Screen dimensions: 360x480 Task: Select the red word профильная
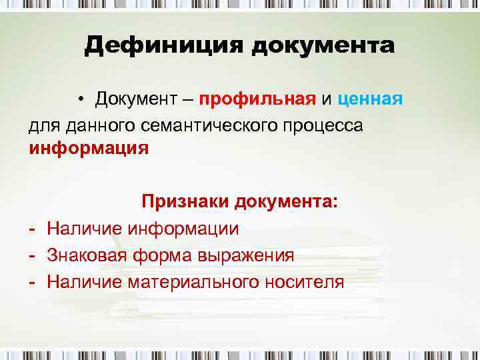point(257,100)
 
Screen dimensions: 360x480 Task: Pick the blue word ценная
point(370,100)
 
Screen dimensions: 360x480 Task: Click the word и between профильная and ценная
point(326,101)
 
